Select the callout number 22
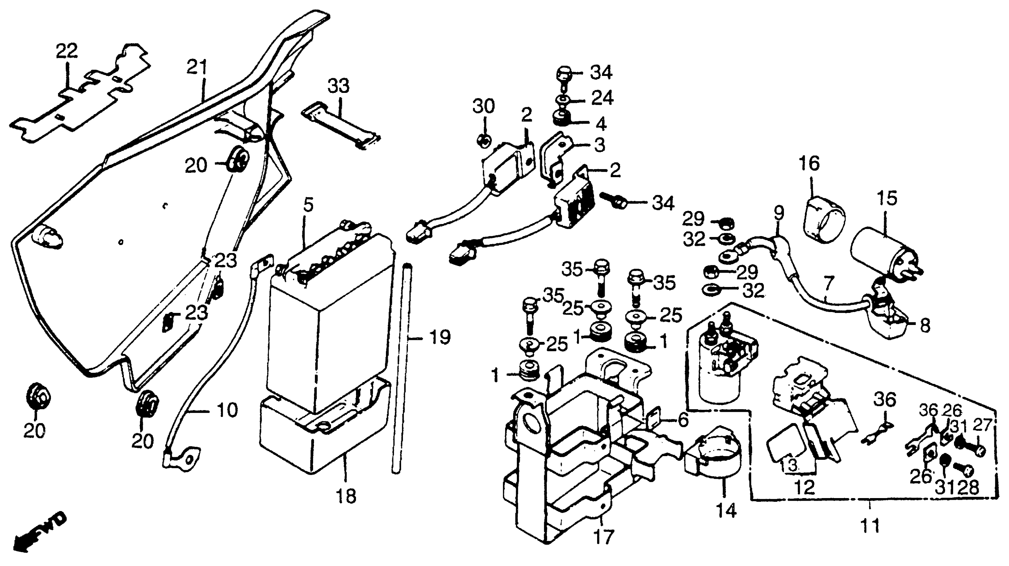pyautogui.click(x=67, y=51)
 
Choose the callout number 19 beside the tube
pyautogui.click(x=440, y=337)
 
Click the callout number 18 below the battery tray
pyautogui.click(x=346, y=497)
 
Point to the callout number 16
pyautogui.click(x=810, y=163)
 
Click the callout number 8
pyautogui.click(x=925, y=326)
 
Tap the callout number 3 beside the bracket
pyautogui.click(x=599, y=144)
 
